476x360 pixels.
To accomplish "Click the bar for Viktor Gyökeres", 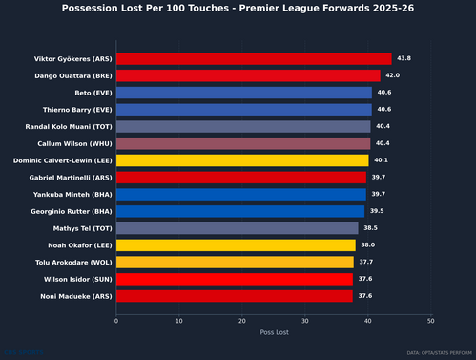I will (x=254, y=59).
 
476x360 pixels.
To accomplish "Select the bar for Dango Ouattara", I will (x=248, y=75).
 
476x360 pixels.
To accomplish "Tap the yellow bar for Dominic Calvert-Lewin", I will (x=242, y=160).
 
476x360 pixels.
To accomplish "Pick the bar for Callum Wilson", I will (x=243, y=143).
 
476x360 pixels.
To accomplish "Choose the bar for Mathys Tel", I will (x=238, y=228).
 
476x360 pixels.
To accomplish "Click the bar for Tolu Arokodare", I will (x=235, y=262).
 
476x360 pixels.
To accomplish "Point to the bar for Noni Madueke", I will (x=235, y=296).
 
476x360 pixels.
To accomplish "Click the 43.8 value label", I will (x=404, y=59).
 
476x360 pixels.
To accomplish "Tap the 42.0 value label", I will (x=393, y=75).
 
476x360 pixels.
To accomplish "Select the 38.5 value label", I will (x=371, y=228).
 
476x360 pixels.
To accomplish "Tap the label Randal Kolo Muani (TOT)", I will (x=68, y=127).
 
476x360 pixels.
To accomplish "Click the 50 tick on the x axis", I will (x=431, y=321).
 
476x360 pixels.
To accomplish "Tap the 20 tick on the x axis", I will (x=242, y=321).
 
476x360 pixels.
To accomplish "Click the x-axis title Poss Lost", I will (x=274, y=333).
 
